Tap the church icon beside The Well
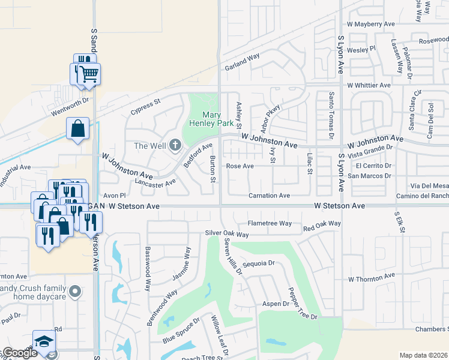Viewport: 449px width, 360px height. [175, 145]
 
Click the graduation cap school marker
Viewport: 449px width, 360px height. [44, 341]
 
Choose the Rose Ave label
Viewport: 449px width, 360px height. [240, 166]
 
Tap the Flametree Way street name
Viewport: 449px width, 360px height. [270, 223]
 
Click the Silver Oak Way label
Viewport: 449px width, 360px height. [226, 233]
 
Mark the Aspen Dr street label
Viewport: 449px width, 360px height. [276, 304]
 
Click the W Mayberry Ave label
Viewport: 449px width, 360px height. [370, 24]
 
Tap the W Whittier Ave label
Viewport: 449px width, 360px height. [369, 85]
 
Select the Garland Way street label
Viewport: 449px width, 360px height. [242, 62]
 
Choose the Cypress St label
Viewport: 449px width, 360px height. [146, 106]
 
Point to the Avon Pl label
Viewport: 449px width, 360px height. [113, 196]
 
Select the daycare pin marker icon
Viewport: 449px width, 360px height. [74, 292]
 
